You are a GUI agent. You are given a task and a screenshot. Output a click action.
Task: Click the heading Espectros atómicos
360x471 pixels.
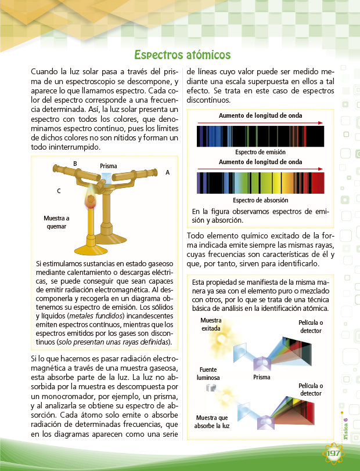182,55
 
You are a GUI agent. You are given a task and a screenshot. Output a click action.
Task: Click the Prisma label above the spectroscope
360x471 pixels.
109,165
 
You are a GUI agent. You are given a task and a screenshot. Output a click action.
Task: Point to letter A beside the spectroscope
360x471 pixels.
167,172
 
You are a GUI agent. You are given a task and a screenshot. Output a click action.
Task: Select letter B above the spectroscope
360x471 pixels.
75,163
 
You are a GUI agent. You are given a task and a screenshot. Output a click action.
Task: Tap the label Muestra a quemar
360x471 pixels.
56,222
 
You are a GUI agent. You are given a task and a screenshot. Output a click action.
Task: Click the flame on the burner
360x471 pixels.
91,199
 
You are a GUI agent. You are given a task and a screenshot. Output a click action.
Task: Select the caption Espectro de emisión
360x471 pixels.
260,152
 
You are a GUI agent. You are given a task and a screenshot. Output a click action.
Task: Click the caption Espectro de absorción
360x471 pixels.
260,200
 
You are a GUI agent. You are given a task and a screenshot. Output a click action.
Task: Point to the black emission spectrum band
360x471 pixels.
261,137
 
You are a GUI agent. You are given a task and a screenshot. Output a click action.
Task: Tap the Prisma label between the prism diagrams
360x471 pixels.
262,377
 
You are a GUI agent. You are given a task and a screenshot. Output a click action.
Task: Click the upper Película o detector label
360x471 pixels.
311,326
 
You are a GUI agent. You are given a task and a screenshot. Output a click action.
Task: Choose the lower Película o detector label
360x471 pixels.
311,389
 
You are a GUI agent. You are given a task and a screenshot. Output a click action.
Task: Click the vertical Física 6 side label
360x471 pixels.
345,430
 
